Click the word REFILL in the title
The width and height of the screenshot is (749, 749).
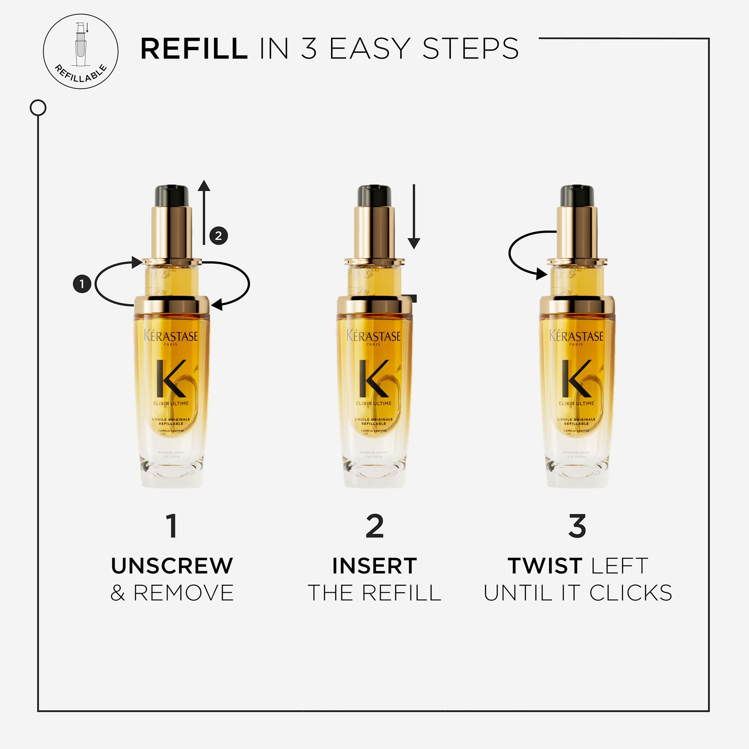[x=194, y=49]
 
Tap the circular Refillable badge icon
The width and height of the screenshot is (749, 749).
[x=81, y=51]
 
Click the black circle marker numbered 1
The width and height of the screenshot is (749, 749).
[x=82, y=284]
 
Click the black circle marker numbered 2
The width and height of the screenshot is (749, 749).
[x=219, y=235]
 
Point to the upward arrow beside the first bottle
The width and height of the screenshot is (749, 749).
[x=204, y=211]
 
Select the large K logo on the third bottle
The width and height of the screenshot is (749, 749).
[x=577, y=378]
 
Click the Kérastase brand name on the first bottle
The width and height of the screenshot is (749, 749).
[x=171, y=336]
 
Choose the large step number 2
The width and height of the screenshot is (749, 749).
[x=374, y=526]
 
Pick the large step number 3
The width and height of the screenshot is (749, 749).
[x=577, y=526]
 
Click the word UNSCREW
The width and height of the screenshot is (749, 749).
[x=172, y=566]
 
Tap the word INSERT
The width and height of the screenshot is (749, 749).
[x=374, y=566]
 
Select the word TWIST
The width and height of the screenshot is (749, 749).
[x=545, y=566]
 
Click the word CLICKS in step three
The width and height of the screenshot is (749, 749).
[x=631, y=593]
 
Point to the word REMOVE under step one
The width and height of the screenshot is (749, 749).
[x=184, y=593]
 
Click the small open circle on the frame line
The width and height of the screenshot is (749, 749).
[x=38, y=108]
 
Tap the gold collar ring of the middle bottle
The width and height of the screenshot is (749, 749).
[x=374, y=305]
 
